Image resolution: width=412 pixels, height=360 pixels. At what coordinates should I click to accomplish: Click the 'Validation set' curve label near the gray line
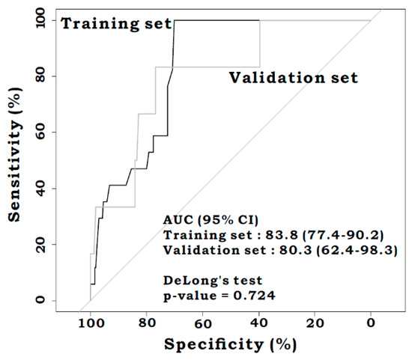[294, 77]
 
